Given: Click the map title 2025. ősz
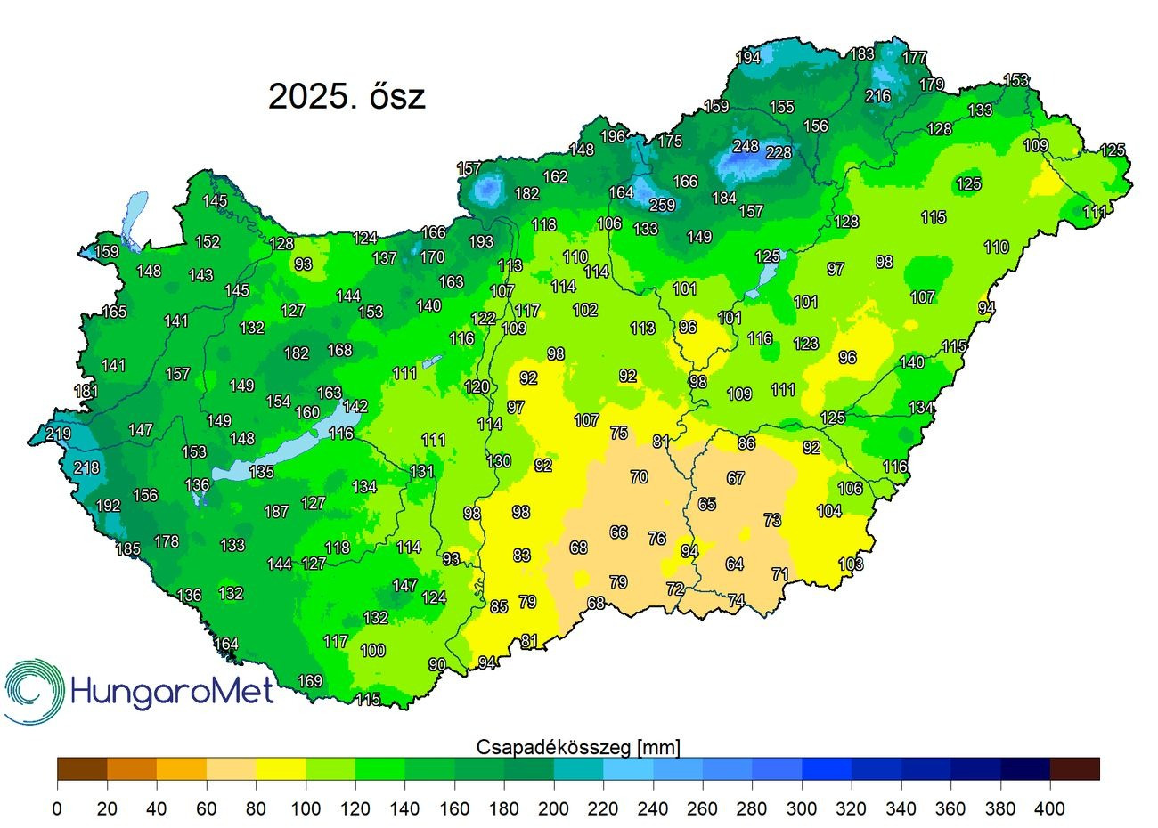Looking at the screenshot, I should click(x=347, y=96).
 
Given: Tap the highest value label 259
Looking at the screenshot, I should click(x=662, y=205).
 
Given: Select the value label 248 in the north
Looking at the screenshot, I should click(x=746, y=146).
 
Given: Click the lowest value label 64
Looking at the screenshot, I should click(x=734, y=564).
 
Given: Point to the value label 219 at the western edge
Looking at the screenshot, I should click(x=58, y=434).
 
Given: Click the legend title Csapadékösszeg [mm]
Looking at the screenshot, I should click(x=578, y=746).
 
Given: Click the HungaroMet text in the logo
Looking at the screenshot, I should click(x=171, y=691).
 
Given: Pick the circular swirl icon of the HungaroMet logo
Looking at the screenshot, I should click(x=33, y=691).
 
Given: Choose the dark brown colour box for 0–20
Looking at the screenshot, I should click(x=82, y=768).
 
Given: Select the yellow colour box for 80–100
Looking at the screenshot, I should click(x=281, y=768).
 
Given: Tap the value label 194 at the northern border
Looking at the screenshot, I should click(x=747, y=58).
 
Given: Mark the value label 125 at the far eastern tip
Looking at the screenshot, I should click(x=1113, y=150).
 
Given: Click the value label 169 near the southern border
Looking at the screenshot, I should click(x=309, y=681).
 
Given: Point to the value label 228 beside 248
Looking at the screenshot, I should click(x=779, y=153).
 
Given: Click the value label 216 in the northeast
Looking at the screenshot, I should click(x=877, y=96).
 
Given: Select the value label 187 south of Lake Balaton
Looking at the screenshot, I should click(x=276, y=512).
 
